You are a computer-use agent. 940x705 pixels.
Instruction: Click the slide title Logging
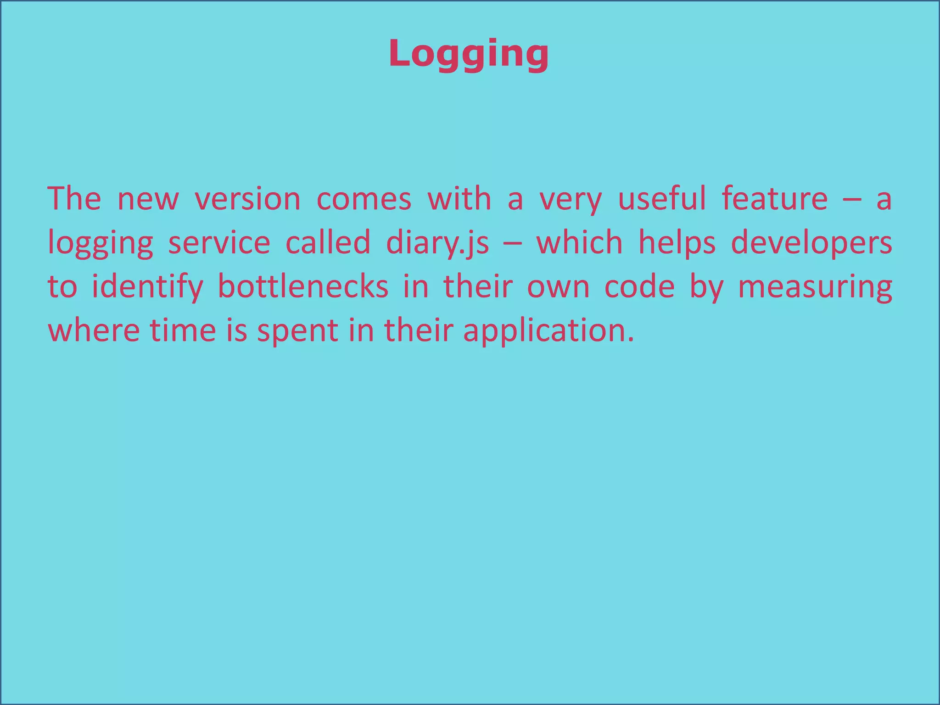tap(469, 55)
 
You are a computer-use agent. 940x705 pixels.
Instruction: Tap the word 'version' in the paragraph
tap(247, 199)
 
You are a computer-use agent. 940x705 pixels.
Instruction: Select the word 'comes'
tap(364, 199)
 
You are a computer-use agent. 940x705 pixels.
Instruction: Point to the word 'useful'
tap(662, 199)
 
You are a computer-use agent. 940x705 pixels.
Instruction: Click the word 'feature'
tap(775, 199)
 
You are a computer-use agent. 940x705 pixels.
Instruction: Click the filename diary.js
tap(437, 243)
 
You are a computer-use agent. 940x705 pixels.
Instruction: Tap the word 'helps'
tap(677, 243)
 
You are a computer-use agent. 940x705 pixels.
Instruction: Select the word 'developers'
tap(811, 243)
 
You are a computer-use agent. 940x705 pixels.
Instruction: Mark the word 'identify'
tap(147, 287)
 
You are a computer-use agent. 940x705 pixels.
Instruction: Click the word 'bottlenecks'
tap(303, 286)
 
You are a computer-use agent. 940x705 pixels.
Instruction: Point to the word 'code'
tap(639, 286)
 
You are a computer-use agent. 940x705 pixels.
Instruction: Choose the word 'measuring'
tap(815, 287)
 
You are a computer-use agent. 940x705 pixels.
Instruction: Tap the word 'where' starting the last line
tap(94, 330)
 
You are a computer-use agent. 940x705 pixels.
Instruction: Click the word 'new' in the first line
tap(148, 199)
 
